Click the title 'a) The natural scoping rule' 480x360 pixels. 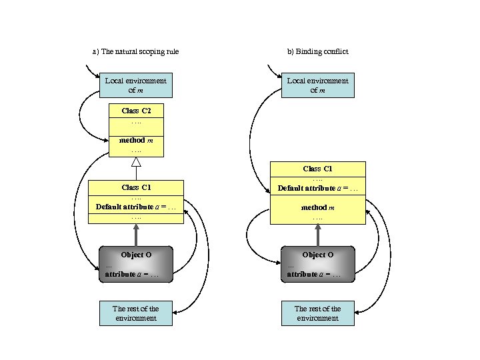pos(135,51)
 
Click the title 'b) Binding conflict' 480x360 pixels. pos(317,51)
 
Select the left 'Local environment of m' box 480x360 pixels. pos(135,85)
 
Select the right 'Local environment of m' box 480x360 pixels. pos(317,85)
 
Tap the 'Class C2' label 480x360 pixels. pos(136,110)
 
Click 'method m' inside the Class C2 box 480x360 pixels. pos(136,141)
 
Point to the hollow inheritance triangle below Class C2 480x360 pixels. pos(136,162)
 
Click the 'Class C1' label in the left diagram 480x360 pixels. pos(136,187)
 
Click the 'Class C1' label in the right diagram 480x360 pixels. pos(317,169)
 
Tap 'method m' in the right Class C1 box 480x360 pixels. pos(317,207)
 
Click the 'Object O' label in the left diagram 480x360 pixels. pos(136,255)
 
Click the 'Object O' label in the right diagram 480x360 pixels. pos(317,255)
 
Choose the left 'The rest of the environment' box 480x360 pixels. pos(135,313)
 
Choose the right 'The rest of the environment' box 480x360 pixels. pos(317,313)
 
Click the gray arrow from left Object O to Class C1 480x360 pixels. pos(136,234)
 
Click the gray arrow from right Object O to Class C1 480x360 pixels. pos(317,235)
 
